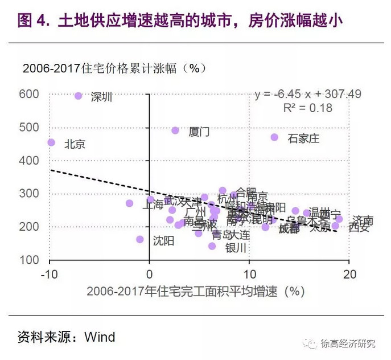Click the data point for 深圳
click(x=79, y=96)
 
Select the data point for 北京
click(x=51, y=142)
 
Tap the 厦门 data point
click(x=175, y=130)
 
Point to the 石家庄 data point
click(x=274, y=137)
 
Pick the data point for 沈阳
click(x=140, y=239)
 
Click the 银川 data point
click(x=212, y=246)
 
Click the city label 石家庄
click(x=303, y=138)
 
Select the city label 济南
click(x=363, y=220)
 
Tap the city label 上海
click(x=152, y=206)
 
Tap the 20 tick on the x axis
click(x=349, y=274)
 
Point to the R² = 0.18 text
click(x=307, y=108)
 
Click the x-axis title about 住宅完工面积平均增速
click(x=193, y=292)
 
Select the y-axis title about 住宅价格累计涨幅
click(x=114, y=68)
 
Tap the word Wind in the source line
click(x=100, y=337)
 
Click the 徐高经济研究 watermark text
click(x=348, y=343)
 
